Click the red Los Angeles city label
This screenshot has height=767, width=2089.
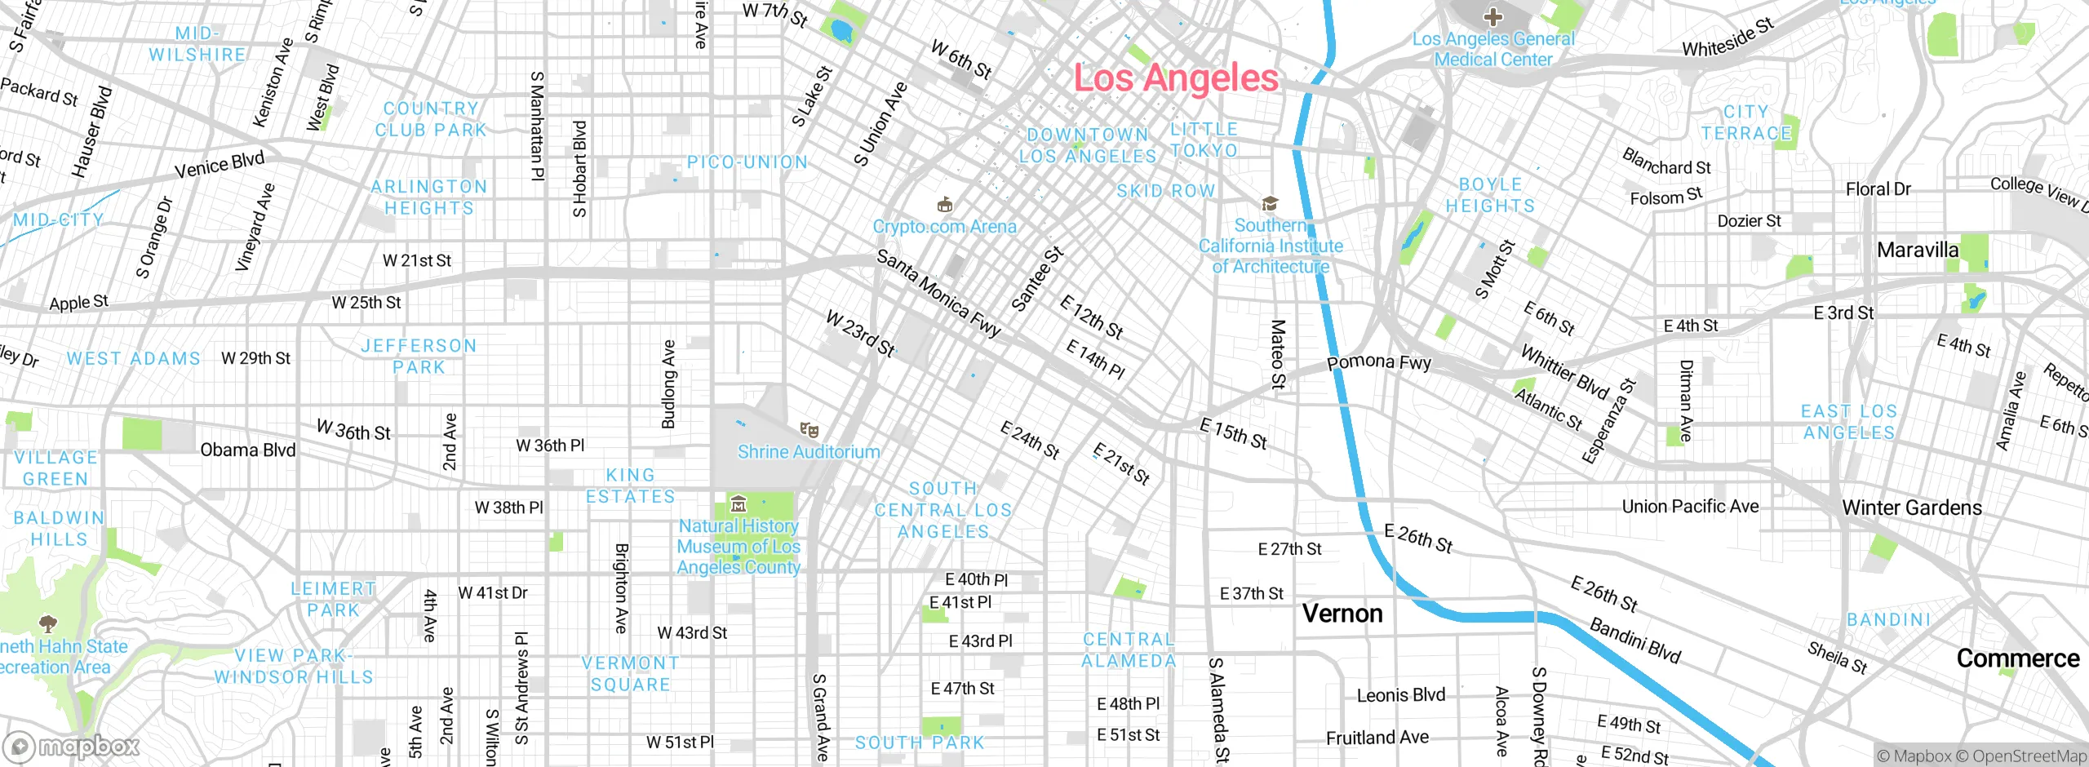pyautogui.click(x=1176, y=78)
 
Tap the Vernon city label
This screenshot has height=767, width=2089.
pyautogui.click(x=1342, y=614)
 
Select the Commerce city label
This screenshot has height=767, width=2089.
pyautogui.click(x=2018, y=658)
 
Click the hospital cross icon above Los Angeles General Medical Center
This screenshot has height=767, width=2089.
pyautogui.click(x=1493, y=16)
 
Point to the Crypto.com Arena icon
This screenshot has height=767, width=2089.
pyautogui.click(x=945, y=204)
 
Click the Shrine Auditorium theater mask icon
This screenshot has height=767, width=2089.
pyautogui.click(x=809, y=430)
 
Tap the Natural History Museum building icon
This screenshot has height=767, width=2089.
pyautogui.click(x=738, y=504)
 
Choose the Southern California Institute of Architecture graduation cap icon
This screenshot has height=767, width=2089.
pyautogui.click(x=1270, y=203)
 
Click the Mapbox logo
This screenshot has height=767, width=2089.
pyautogui.click(x=72, y=747)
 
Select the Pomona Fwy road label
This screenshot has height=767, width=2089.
pyautogui.click(x=1379, y=362)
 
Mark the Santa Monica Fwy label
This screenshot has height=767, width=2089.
pyautogui.click(x=938, y=294)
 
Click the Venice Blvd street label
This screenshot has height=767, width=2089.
pyautogui.click(x=220, y=165)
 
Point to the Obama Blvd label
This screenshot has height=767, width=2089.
pyautogui.click(x=248, y=450)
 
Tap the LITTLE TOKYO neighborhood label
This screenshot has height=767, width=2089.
pyautogui.click(x=1204, y=140)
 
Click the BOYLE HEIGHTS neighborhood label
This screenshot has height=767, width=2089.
pyautogui.click(x=1490, y=196)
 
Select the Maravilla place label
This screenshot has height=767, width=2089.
pyautogui.click(x=1918, y=250)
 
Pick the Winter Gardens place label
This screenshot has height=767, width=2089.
pyautogui.click(x=1912, y=508)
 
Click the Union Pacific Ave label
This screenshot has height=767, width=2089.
pyautogui.click(x=1690, y=507)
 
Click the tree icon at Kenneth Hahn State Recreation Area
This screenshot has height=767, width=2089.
pyautogui.click(x=48, y=624)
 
